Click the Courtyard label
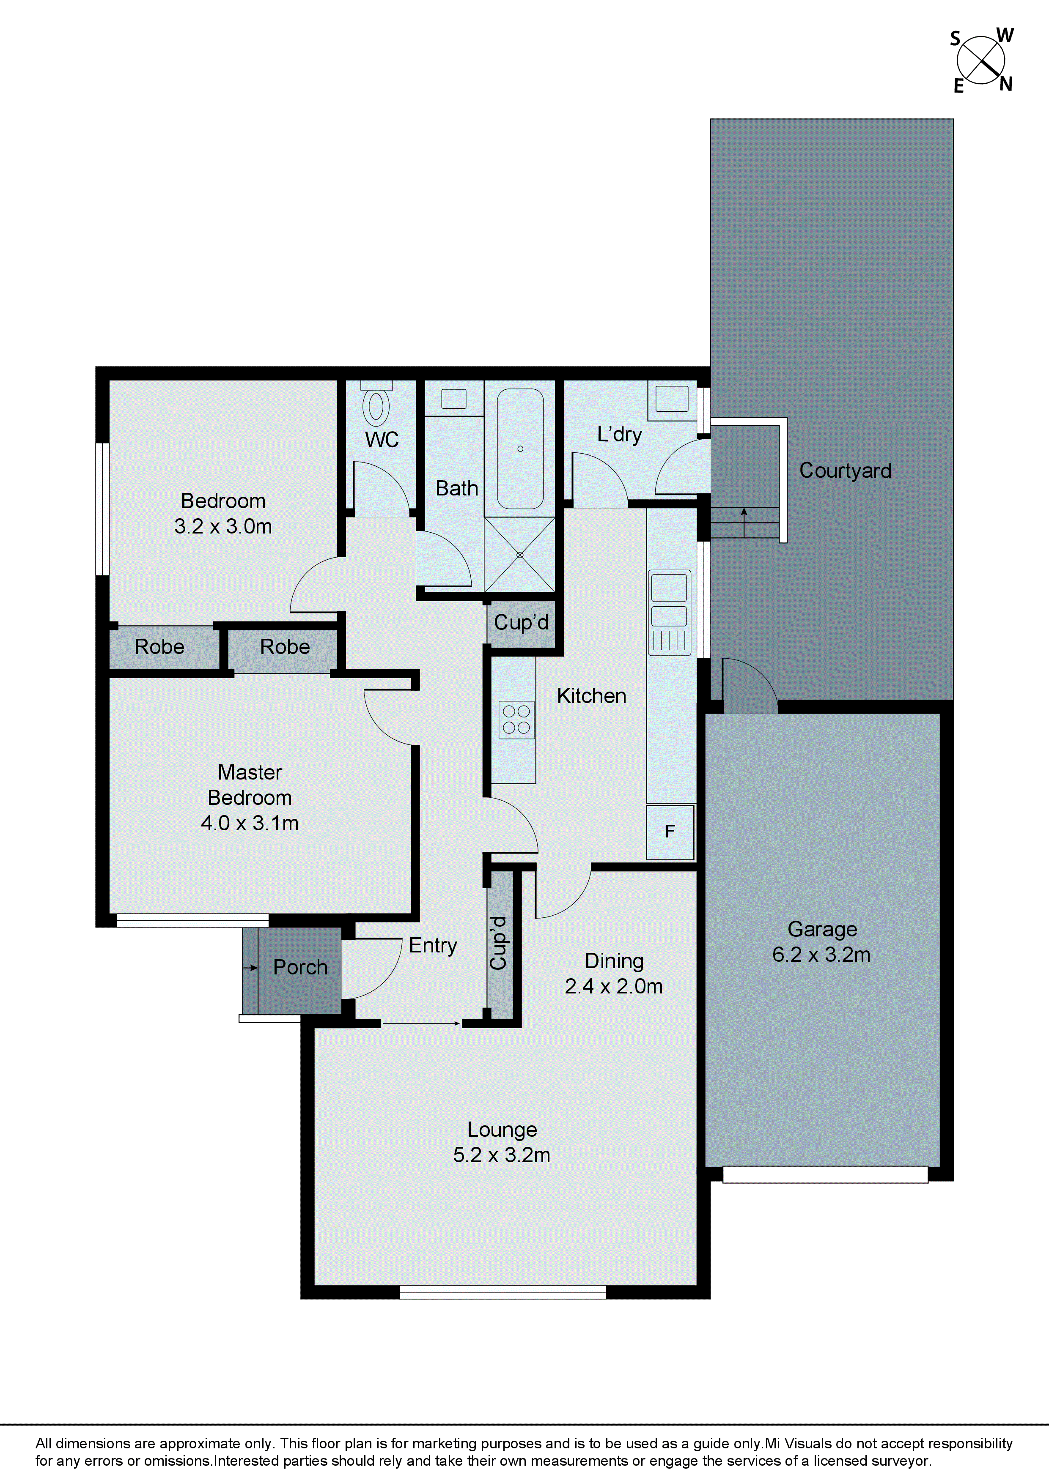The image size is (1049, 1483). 845,470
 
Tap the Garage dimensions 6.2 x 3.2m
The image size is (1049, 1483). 821,955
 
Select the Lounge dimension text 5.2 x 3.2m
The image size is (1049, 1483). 502,1155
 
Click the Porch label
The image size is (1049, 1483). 300,967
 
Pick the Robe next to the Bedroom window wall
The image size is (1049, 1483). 159,646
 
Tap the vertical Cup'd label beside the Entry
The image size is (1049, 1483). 498,943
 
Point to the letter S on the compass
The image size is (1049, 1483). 955,39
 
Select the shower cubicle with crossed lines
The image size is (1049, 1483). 520,554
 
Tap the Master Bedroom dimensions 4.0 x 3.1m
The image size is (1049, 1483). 250,823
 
